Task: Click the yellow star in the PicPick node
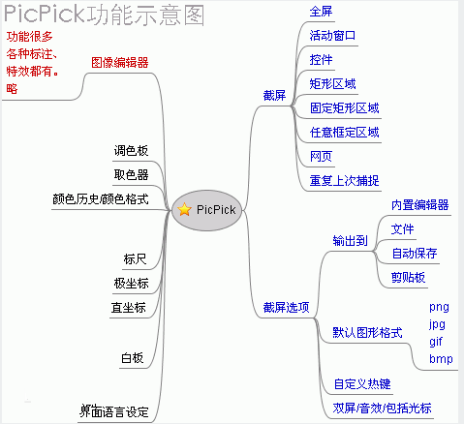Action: [x=184, y=208]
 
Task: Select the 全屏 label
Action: [x=321, y=12]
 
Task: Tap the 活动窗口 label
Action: [x=332, y=36]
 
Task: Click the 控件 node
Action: [x=321, y=60]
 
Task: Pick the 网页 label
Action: [x=321, y=156]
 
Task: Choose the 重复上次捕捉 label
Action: [x=344, y=180]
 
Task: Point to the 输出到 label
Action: [x=350, y=241]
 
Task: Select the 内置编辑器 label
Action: [x=419, y=205]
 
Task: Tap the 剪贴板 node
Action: [x=408, y=277]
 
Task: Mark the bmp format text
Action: [x=441, y=359]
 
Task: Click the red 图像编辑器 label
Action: [x=119, y=62]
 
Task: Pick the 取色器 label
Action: [x=131, y=174]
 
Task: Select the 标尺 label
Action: [x=135, y=258]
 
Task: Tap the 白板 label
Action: [x=133, y=358]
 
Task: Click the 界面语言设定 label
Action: [x=113, y=411]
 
